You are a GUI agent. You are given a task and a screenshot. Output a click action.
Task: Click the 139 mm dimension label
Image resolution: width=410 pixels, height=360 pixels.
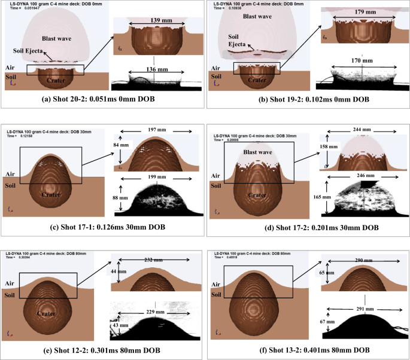click(154, 20)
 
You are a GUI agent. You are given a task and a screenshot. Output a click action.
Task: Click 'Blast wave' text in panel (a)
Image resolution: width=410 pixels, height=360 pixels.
click(59, 37)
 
